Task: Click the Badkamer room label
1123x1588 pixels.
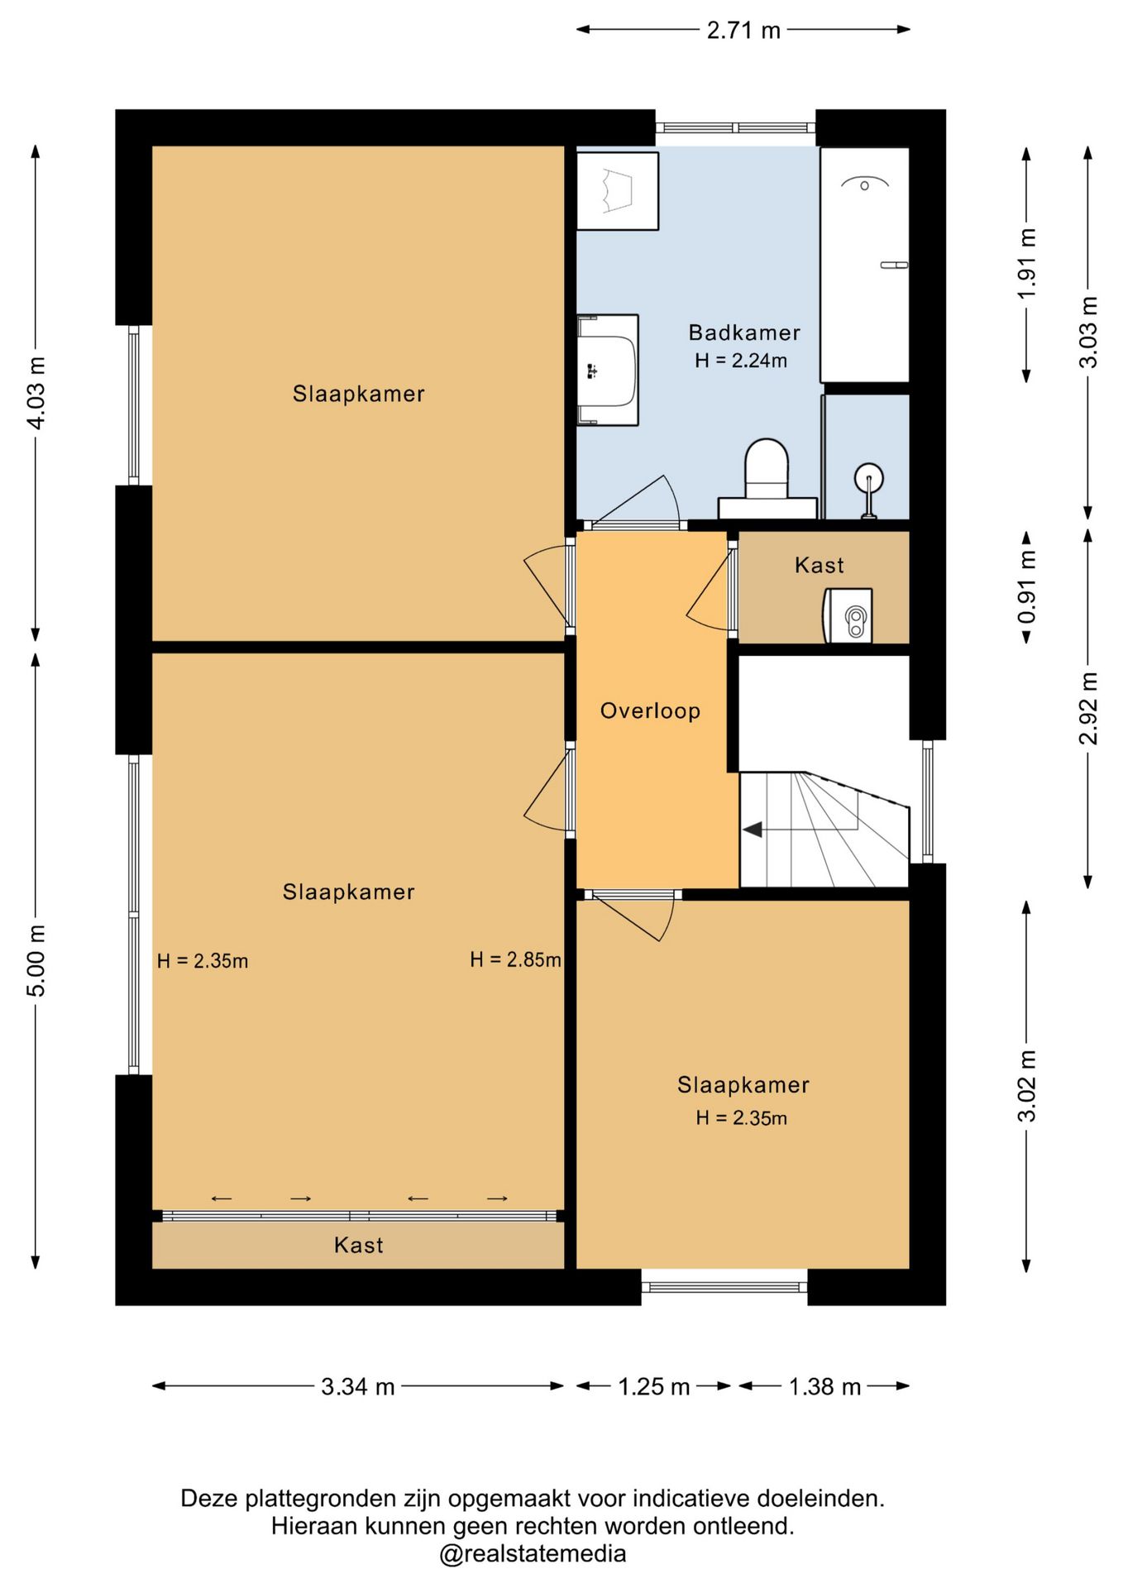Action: (744, 332)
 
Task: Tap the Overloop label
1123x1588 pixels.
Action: (650, 710)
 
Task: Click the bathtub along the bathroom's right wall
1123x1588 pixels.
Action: (865, 265)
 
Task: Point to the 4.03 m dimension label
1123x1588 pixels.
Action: (36, 393)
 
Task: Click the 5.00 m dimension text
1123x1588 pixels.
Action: (36, 960)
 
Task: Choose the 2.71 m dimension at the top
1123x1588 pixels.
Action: (743, 31)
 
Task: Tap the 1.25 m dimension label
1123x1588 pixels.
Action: (654, 1386)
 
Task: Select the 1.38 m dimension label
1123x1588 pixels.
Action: (824, 1386)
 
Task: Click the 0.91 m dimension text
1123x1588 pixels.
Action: (1026, 588)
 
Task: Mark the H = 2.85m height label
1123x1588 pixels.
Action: (515, 959)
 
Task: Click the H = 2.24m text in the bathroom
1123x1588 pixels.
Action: (741, 361)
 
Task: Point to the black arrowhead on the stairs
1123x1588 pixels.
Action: (752, 829)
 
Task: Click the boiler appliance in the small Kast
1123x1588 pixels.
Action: (848, 615)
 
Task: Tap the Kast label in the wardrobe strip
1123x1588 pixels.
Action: (358, 1245)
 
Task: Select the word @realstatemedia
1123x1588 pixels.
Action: (533, 1554)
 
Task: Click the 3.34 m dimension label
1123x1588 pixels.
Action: (358, 1386)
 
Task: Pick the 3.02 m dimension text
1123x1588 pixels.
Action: (1026, 1086)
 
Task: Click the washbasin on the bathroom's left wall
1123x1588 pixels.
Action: (607, 370)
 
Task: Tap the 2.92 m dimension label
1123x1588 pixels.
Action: (1088, 708)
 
